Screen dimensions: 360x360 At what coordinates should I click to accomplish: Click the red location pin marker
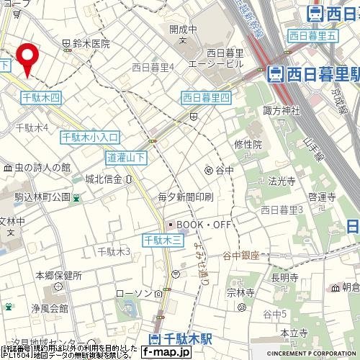coord(27,59)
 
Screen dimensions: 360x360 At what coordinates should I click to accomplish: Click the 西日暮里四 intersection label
coord(205,97)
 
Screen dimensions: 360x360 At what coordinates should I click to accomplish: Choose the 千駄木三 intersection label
coord(160,239)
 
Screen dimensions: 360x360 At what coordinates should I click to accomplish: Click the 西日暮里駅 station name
coord(315,73)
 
